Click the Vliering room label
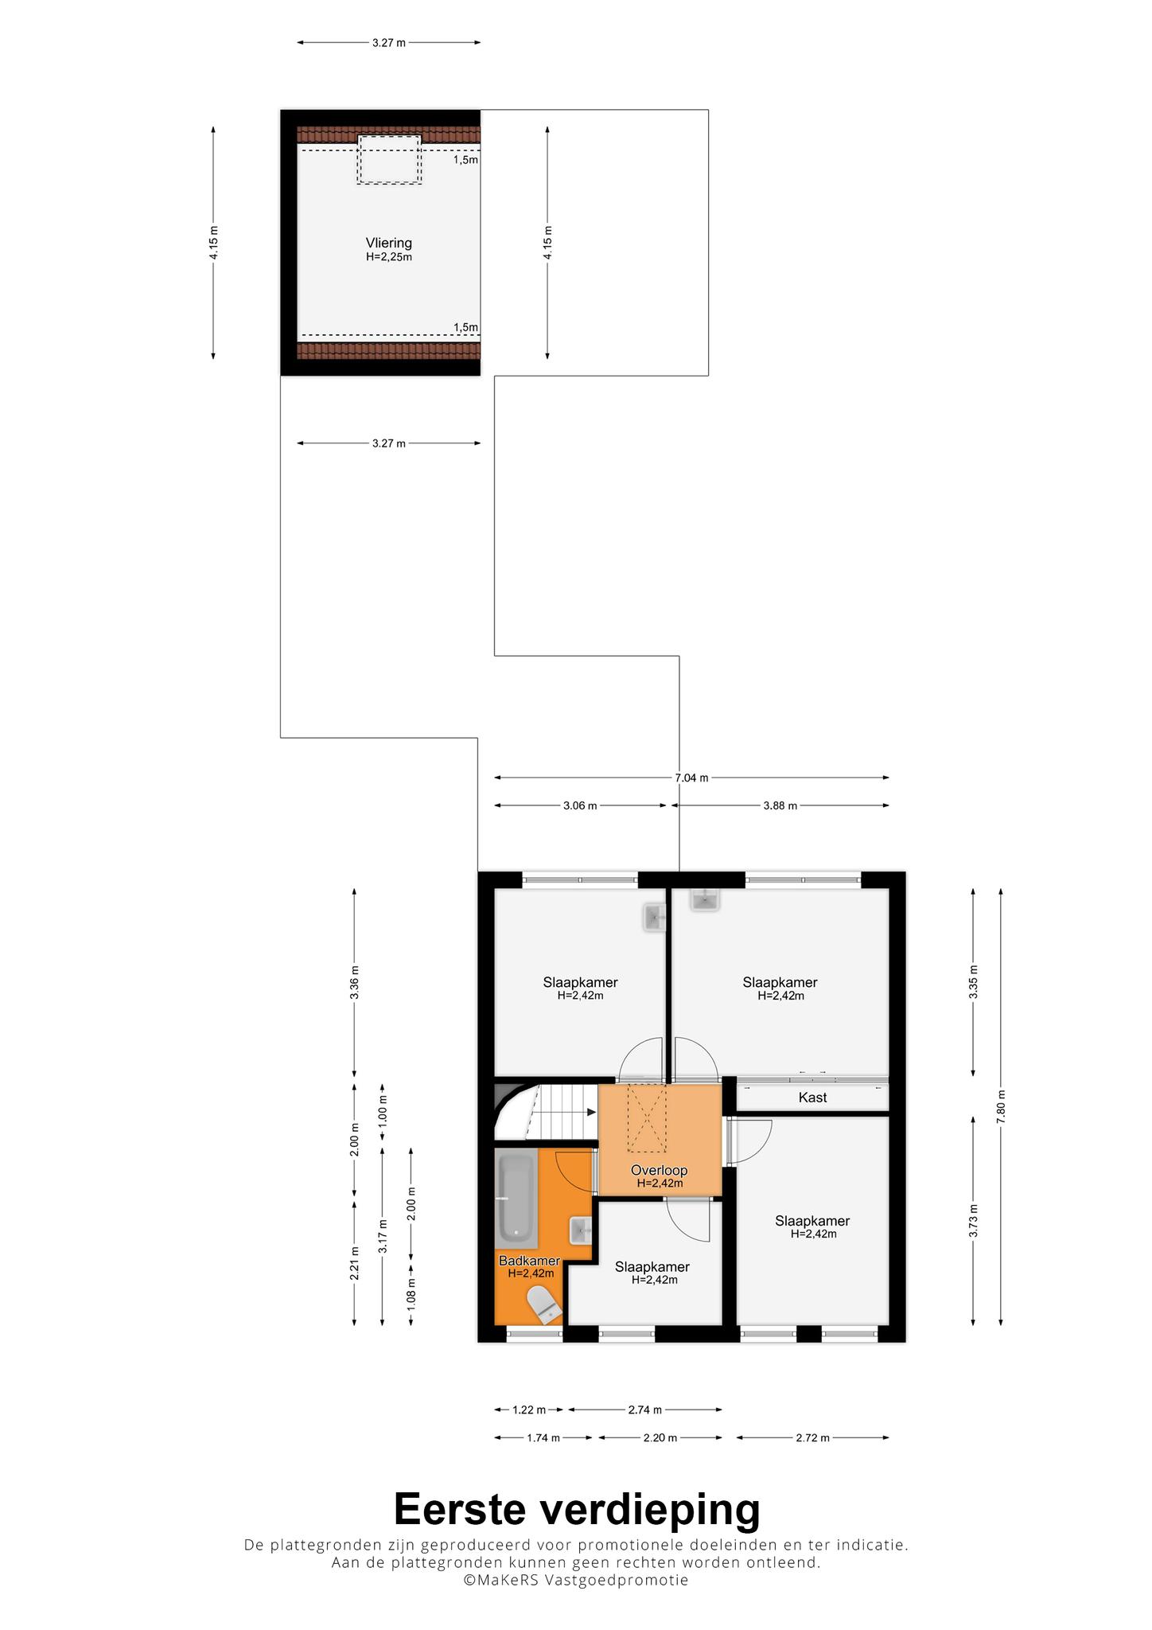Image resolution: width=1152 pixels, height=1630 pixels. click(x=389, y=243)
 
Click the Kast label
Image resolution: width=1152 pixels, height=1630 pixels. click(x=812, y=1098)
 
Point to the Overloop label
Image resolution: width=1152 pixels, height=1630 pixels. click(x=659, y=1170)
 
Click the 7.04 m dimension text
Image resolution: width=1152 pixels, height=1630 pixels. click(x=691, y=778)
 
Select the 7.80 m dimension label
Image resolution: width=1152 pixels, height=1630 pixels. click(x=1001, y=1106)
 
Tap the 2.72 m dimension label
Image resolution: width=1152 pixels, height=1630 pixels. click(x=812, y=1437)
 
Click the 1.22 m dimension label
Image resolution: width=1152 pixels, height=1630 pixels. click(x=529, y=1410)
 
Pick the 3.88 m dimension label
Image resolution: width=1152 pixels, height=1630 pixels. click(x=780, y=805)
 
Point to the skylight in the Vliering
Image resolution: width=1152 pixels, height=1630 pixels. click(x=389, y=159)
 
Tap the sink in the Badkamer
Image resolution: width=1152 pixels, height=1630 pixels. click(x=581, y=1230)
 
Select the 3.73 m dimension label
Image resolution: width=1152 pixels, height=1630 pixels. click(x=973, y=1221)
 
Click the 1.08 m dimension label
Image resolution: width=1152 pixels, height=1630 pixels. click(x=411, y=1293)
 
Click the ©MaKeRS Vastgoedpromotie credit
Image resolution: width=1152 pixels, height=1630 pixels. click(x=576, y=1580)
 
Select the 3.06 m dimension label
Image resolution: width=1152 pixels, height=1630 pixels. click(x=580, y=805)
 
